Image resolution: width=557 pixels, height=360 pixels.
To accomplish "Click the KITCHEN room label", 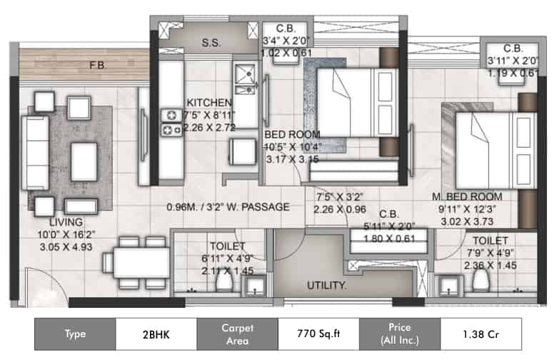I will (209, 103).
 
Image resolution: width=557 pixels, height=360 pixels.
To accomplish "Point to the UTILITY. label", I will (327, 285).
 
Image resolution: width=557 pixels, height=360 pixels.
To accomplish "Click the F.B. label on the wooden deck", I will (98, 66).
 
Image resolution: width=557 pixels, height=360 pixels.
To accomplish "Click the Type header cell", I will (75, 334).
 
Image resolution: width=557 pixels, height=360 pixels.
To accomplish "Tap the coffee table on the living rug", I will (84, 161).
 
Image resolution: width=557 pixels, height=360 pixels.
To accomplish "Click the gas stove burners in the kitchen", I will (171, 122).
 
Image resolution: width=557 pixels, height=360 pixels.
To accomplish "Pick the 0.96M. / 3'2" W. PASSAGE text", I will (227, 207).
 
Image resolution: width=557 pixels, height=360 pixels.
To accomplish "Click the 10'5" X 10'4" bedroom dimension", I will (293, 147).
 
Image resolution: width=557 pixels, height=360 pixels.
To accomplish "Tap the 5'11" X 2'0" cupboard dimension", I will (388, 227).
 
